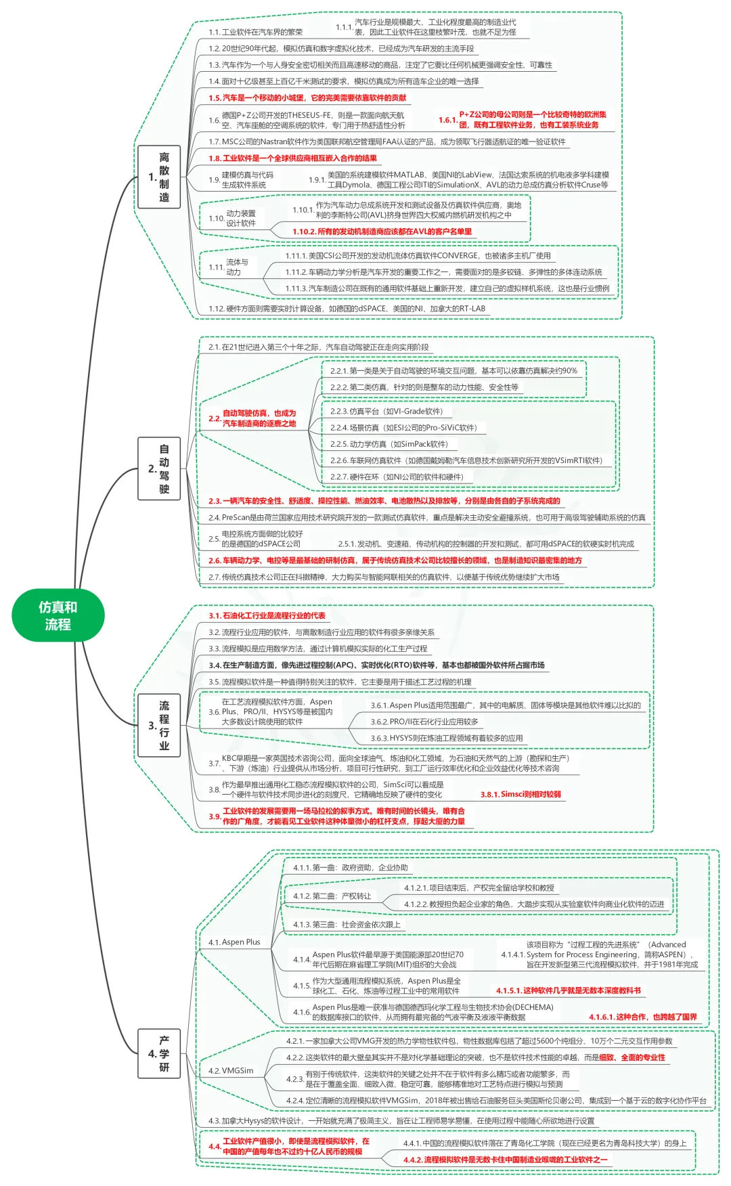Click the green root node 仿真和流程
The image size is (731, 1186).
[58, 615]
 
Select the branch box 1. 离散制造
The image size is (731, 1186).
[160, 177]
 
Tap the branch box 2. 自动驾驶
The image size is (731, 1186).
[160, 468]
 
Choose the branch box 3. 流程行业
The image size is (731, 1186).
[160, 725]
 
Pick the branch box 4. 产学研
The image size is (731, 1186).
[160, 1053]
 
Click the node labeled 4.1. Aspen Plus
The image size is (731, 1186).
[234, 942]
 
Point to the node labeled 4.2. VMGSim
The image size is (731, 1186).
[231, 1070]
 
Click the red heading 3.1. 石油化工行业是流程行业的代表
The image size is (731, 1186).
[267, 615]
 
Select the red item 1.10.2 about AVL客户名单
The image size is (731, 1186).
[382, 232]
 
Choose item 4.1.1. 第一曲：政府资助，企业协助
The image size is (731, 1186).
[351, 867]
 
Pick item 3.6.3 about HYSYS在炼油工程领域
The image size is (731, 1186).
[447, 738]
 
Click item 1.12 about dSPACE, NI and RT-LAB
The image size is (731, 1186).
[347, 309]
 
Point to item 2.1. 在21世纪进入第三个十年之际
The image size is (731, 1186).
[318, 347]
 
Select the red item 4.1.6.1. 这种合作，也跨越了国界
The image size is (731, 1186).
[642, 1017]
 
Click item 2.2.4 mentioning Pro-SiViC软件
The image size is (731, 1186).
[403, 428]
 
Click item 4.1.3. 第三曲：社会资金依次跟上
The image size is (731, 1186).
[347, 924]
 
